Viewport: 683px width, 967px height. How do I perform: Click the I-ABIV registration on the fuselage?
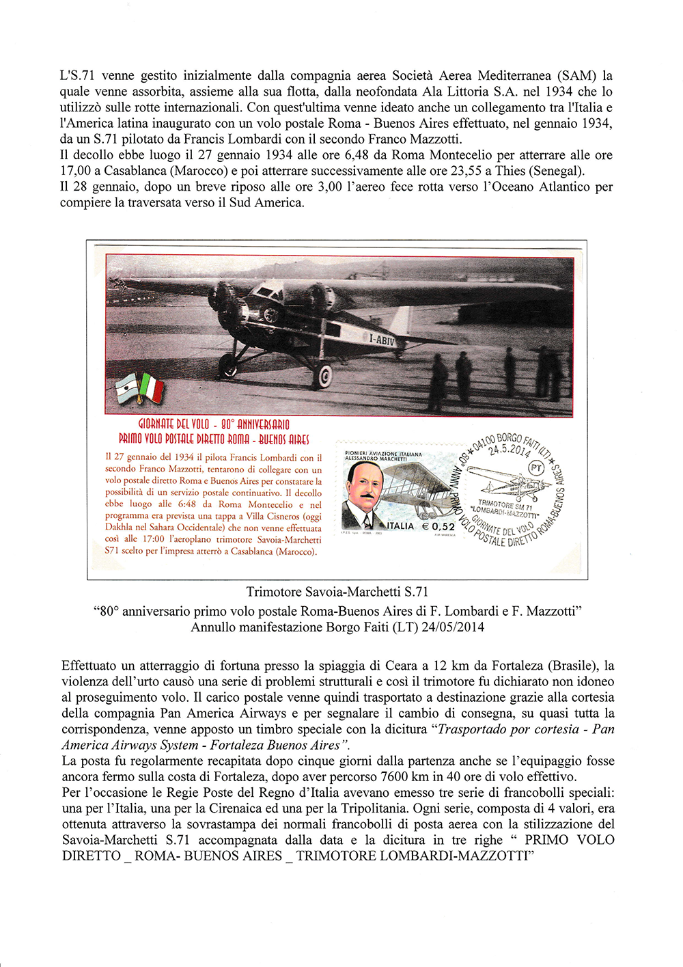click(382, 340)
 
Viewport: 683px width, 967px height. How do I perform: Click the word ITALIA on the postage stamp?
click(401, 526)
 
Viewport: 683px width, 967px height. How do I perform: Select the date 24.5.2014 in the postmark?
click(509, 450)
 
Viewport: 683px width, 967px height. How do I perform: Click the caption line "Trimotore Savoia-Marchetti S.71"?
click(337, 592)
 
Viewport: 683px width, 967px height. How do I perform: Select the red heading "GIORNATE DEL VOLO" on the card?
click(174, 424)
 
